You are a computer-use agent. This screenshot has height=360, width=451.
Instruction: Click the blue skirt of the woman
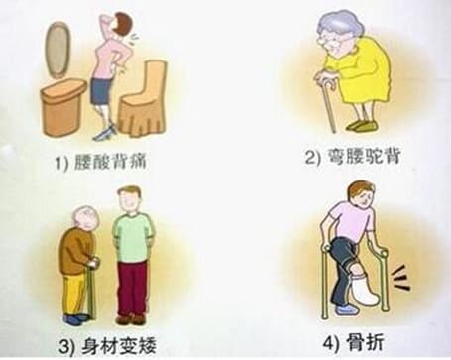tap(102, 91)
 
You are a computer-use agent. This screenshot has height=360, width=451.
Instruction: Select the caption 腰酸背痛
tap(110, 162)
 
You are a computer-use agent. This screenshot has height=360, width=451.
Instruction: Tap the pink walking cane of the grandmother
tap(328, 103)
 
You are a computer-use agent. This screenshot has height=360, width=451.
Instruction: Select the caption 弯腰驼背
tap(364, 156)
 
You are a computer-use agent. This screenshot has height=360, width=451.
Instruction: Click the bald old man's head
tap(86, 218)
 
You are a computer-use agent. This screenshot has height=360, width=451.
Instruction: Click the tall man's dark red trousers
tap(132, 289)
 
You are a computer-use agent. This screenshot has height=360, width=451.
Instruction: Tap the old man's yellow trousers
tap(75, 295)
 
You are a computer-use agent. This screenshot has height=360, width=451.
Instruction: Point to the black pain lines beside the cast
tap(400, 278)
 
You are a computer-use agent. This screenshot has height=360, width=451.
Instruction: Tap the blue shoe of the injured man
tap(348, 310)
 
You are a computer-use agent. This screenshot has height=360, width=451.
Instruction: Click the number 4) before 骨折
tap(331, 343)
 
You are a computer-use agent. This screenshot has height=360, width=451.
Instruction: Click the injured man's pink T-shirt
tap(351, 220)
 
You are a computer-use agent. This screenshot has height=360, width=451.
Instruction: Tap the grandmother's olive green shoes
tap(362, 125)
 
